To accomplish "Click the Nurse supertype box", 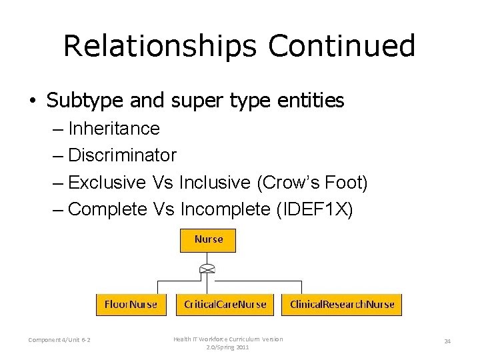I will point(209,240).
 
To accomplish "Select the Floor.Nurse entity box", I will point(131,305).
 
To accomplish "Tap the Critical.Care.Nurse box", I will point(225,305).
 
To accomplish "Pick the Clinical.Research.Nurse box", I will point(342,305).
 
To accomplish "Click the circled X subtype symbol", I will point(208,270).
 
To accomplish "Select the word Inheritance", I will point(114,128).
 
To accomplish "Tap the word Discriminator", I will point(122,155).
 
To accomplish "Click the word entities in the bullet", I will point(311,101).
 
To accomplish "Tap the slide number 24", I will point(447,341).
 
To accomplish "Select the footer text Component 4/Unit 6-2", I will point(60,341).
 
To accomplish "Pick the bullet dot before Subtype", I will point(32,101).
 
